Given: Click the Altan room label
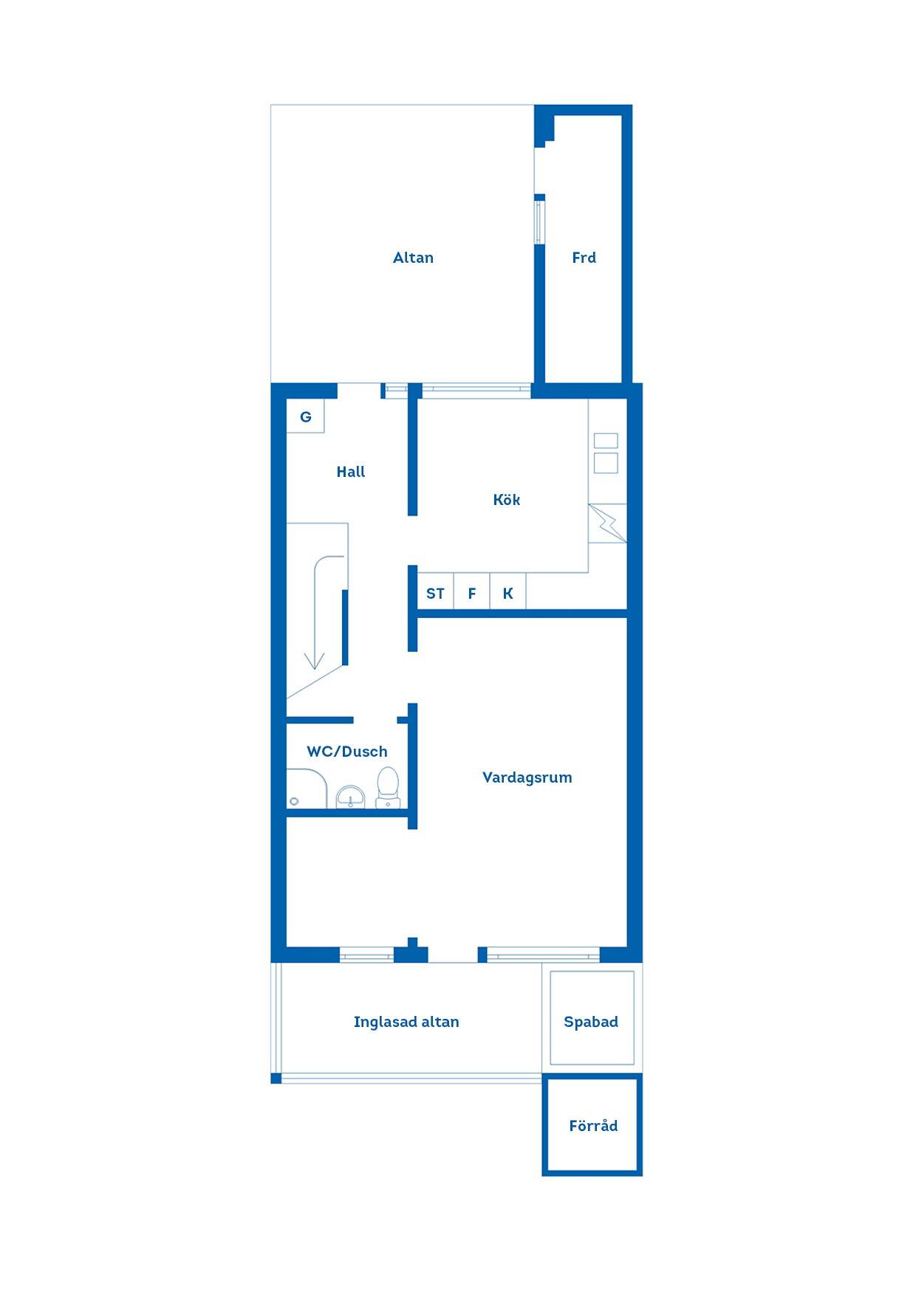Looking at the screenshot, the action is (413, 258).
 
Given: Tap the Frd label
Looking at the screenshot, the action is (584, 258).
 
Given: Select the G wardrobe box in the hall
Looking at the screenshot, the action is (306, 417).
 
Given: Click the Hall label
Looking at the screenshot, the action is (351, 472).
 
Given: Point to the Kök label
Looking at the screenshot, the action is (507, 500).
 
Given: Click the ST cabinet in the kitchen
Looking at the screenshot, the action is (436, 592).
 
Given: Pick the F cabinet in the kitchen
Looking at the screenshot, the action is (472, 592).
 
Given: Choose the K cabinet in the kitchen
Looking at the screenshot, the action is (508, 592).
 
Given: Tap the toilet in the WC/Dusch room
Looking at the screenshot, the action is (388, 787).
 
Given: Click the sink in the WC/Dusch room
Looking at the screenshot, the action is (350, 797).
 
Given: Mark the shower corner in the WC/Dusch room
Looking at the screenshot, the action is (307, 789).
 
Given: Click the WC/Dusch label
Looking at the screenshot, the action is (347, 752).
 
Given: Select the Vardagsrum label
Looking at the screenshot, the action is (527, 777).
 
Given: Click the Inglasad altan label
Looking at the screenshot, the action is (406, 1022).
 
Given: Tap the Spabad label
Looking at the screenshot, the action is (591, 1022).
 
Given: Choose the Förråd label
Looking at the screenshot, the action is (593, 1126).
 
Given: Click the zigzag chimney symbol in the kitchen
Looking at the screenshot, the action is (607, 523).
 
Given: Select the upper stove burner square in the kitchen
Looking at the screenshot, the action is (606, 441).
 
